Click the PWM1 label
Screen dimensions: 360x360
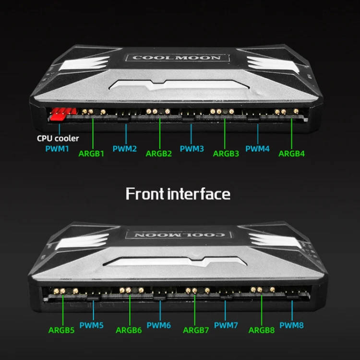(x=57, y=149)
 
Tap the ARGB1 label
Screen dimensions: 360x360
(x=91, y=154)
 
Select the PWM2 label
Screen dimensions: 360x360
(x=125, y=149)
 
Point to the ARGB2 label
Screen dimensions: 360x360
(x=159, y=154)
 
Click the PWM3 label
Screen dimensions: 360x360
(x=192, y=149)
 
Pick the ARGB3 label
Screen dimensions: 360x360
(x=226, y=154)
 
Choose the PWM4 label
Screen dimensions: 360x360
(x=257, y=149)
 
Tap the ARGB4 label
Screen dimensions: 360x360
(x=291, y=154)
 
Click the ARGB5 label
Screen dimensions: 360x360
(x=61, y=330)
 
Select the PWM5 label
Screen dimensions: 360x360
(x=91, y=325)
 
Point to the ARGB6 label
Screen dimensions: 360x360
(x=129, y=330)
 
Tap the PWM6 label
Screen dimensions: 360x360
(x=159, y=325)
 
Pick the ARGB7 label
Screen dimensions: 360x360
(x=196, y=330)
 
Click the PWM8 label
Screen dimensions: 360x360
(x=291, y=325)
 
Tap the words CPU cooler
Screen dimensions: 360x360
(x=58, y=138)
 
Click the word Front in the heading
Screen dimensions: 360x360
(x=144, y=194)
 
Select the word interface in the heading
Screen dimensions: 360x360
(x=199, y=194)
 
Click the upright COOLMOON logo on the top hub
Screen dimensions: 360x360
(x=177, y=58)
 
